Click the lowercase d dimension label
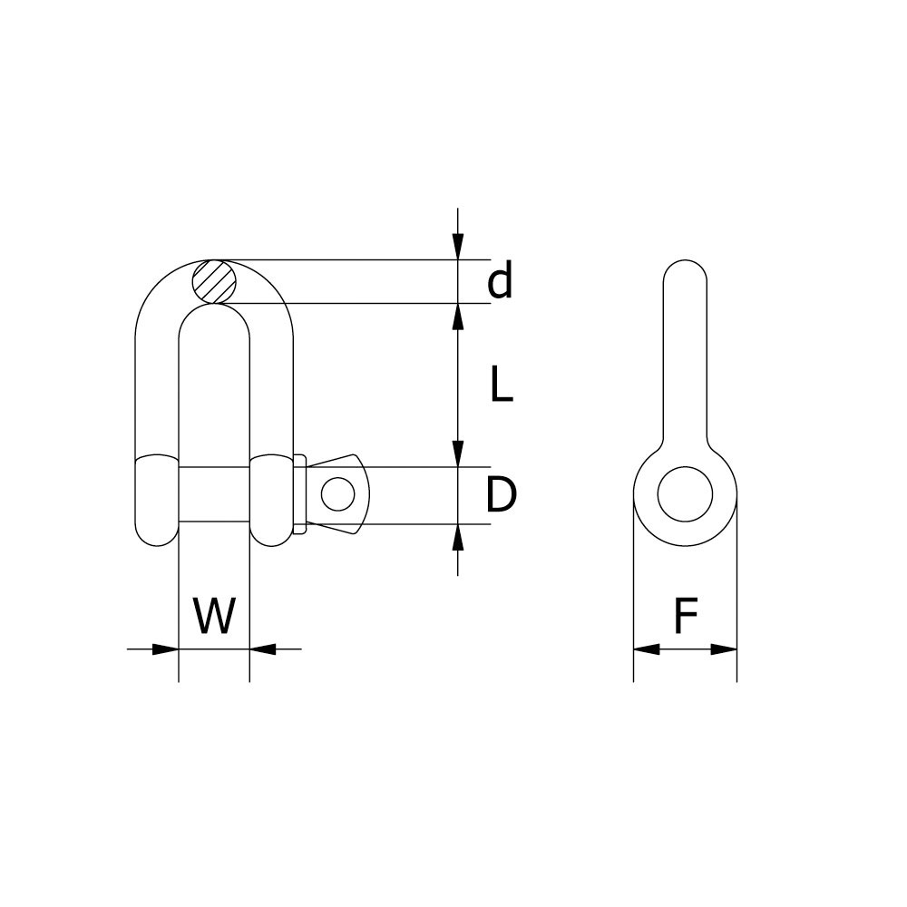[x=500, y=281]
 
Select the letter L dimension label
[x=501, y=385]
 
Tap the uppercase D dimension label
[x=501, y=496]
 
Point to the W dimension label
[x=214, y=618]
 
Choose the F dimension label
[x=685, y=618]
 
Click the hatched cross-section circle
[x=214, y=281]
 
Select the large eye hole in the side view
[x=685, y=494]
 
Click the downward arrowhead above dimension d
[x=458, y=248]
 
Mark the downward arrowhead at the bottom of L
[x=458, y=453]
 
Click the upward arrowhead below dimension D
[x=458, y=537]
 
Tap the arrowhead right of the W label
[x=262, y=649]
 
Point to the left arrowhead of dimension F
[x=646, y=649]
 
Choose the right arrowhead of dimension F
[x=724, y=649]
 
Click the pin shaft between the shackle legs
[x=214, y=494]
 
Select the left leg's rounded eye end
[x=157, y=500]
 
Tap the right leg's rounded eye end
[x=271, y=500]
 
